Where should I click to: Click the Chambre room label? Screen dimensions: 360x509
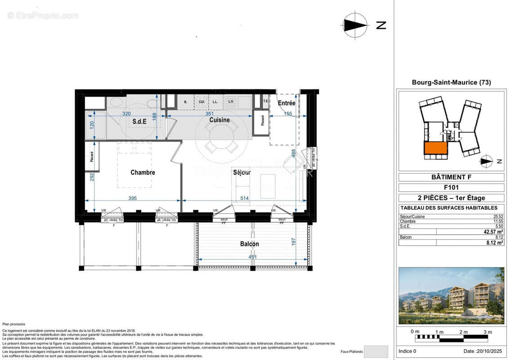coord(143,172)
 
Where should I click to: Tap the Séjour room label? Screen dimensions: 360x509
coord(241,172)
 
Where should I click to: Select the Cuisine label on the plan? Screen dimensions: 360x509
coord(219,120)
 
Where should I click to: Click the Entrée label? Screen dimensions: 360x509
coord(286,103)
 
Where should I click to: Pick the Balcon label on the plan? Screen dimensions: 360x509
coord(250,244)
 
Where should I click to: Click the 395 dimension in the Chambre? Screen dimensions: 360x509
coord(132,198)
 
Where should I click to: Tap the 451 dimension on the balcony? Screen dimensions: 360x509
coord(254,257)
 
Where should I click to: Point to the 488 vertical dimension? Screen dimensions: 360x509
coord(294,153)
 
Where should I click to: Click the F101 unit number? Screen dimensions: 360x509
coord(451,187)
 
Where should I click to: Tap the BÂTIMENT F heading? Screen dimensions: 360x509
coord(451,177)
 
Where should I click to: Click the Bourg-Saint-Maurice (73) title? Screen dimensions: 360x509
coord(451,82)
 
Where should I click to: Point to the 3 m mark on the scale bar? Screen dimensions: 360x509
coord(487,332)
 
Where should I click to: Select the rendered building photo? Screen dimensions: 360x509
coord(451,296)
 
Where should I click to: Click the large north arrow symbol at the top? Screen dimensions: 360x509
coord(355,25)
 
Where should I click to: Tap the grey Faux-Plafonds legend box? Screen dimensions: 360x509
coord(375,351)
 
